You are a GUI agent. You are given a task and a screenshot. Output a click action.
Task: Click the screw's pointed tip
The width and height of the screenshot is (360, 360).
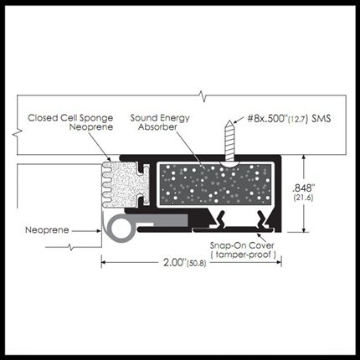(x=229, y=121)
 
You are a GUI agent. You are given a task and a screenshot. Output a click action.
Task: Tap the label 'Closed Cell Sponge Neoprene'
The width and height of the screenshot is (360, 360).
(x=70, y=122)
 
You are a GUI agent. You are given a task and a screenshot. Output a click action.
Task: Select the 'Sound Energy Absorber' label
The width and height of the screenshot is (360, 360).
(x=160, y=122)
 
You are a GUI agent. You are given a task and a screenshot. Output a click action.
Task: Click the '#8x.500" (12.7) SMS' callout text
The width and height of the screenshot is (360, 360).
(x=289, y=119)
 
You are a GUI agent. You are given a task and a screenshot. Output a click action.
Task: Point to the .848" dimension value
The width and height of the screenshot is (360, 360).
(x=302, y=188)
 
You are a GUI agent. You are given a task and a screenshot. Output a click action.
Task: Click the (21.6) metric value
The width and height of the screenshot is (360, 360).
(x=303, y=198)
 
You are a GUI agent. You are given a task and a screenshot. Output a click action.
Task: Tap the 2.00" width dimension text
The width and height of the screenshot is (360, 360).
(x=175, y=262)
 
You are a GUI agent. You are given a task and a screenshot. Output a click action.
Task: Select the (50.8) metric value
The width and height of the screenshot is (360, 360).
(x=197, y=263)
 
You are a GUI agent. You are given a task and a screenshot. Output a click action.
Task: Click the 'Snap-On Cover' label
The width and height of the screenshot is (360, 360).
(x=242, y=245)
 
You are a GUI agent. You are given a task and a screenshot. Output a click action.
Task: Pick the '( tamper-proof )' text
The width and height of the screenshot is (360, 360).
(x=244, y=255)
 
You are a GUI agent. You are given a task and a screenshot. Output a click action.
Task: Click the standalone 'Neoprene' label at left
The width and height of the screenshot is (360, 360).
(x=47, y=230)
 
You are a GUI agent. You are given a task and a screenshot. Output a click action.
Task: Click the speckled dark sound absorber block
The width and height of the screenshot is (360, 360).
(x=215, y=185)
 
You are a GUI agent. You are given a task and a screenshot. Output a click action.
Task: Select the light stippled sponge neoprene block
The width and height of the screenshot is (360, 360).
(x=121, y=184)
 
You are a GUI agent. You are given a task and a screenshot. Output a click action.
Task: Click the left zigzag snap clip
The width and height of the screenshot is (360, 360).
(x=219, y=221)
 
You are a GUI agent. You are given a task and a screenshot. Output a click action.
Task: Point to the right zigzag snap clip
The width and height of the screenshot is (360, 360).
(x=261, y=221)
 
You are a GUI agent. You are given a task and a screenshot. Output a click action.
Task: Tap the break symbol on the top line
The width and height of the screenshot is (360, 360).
(x=203, y=96)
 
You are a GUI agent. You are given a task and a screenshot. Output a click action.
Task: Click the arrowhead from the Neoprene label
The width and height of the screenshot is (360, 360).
(x=98, y=231)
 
